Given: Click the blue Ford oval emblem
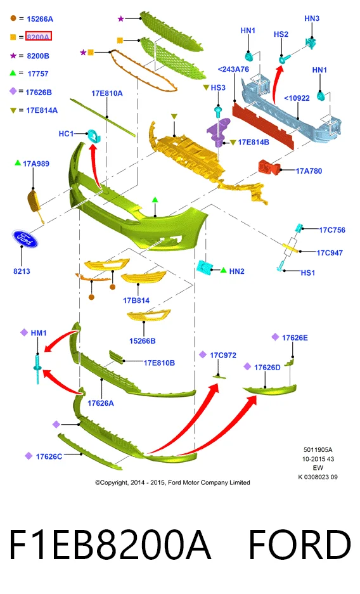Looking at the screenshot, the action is pyautogui.click(x=25, y=238).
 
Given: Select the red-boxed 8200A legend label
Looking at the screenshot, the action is pyautogui.click(x=38, y=37).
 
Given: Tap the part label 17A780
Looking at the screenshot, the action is pyautogui.click(x=309, y=171).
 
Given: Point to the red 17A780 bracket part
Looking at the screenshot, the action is pyautogui.click(x=269, y=167).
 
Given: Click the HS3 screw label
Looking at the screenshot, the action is pyautogui.click(x=218, y=87).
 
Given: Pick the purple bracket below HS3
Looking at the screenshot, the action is pyautogui.click(x=219, y=131).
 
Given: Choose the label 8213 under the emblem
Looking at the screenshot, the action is pyautogui.click(x=22, y=271).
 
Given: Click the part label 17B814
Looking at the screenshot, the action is pyautogui.click(x=136, y=300).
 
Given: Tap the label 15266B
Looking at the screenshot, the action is pyautogui.click(x=143, y=341).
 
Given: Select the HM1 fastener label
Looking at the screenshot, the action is pyautogui.click(x=39, y=333).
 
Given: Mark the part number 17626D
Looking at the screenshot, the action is pyautogui.click(x=267, y=368).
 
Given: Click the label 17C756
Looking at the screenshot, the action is pyautogui.click(x=332, y=230).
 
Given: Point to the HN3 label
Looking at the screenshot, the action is pyautogui.click(x=312, y=18).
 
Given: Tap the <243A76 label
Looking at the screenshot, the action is pyautogui.click(x=234, y=69).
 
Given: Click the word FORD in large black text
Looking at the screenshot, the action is pyautogui.click(x=299, y=545).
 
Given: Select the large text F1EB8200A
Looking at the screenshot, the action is pyautogui.click(x=110, y=545).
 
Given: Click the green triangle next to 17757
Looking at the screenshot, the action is pyautogui.click(x=13, y=73).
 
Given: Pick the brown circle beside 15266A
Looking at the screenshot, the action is pyautogui.click(x=13, y=18).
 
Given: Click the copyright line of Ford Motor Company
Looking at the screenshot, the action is pyautogui.click(x=172, y=482).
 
